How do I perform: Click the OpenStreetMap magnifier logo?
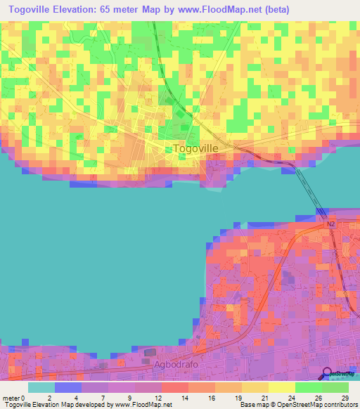click(327, 374)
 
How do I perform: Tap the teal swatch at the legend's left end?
click(41, 387)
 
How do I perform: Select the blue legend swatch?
click(67, 387)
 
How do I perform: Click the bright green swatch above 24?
click(308, 387)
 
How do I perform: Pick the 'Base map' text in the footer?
click(254, 405)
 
